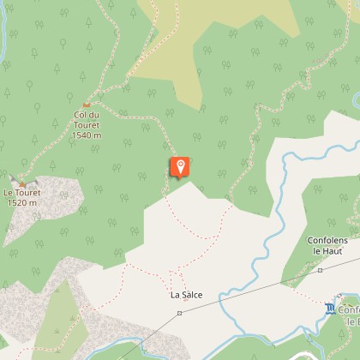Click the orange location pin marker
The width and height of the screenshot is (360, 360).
click(x=180, y=167)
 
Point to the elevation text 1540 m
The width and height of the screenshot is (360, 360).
click(x=87, y=135)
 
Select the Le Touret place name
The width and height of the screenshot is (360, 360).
click(x=22, y=194)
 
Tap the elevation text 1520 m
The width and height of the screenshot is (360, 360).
click(x=22, y=203)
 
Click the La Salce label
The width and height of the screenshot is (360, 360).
click(x=186, y=295)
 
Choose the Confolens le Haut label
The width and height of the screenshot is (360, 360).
click(x=330, y=246)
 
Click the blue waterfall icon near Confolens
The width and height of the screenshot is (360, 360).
click(x=331, y=307)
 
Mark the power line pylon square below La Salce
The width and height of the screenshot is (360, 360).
click(x=180, y=314)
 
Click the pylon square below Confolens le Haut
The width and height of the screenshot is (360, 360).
click(x=320, y=269)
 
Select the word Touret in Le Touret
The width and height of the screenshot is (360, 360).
click(x=27, y=194)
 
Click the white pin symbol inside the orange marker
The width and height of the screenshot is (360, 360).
click(x=180, y=165)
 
